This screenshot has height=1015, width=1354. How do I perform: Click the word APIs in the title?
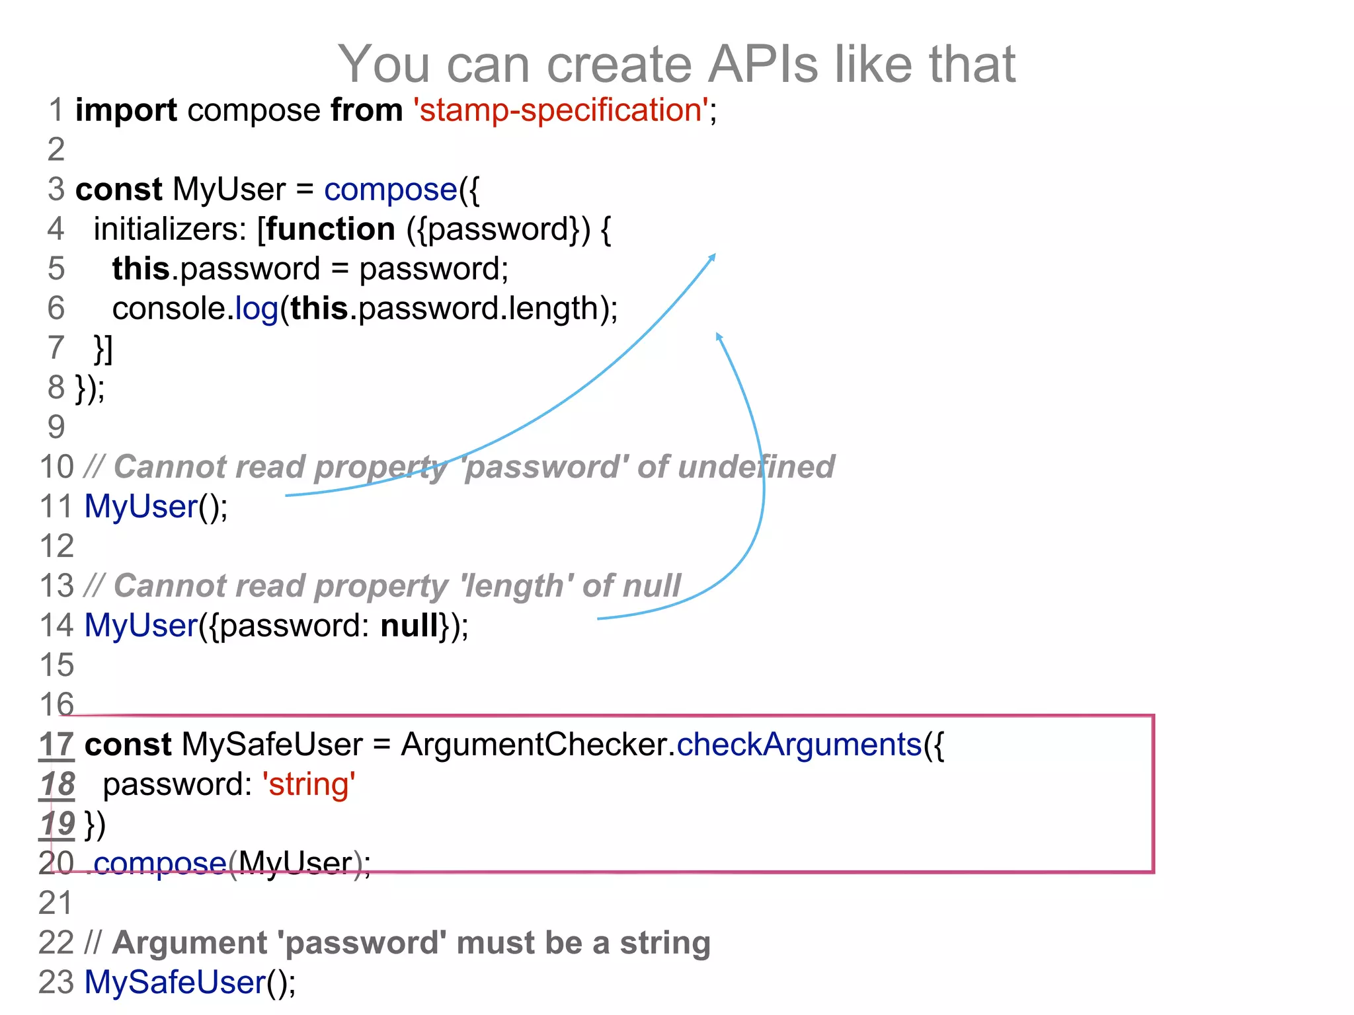(x=763, y=64)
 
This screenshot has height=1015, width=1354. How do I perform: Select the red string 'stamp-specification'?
(x=561, y=110)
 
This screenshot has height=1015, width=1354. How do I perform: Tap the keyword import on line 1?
(x=126, y=110)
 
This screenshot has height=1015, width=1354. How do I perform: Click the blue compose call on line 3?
(x=390, y=190)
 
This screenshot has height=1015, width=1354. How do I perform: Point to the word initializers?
(x=169, y=229)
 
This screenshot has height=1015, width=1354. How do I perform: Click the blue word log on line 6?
(x=257, y=309)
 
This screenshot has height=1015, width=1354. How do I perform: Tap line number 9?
(x=56, y=427)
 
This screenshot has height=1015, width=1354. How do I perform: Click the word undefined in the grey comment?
(x=756, y=467)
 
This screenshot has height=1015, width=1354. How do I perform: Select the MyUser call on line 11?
(x=141, y=507)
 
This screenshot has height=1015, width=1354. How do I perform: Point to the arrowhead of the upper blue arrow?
(x=712, y=257)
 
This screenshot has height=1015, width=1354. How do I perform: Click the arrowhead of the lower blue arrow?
(x=719, y=336)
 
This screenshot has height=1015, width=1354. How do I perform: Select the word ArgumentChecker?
(x=537, y=745)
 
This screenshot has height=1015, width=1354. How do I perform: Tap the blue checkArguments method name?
(x=799, y=745)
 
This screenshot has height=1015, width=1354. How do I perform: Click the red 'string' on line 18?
(x=309, y=784)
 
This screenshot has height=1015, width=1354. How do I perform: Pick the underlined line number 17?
(x=56, y=745)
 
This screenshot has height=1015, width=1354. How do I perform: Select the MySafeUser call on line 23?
(x=175, y=982)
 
